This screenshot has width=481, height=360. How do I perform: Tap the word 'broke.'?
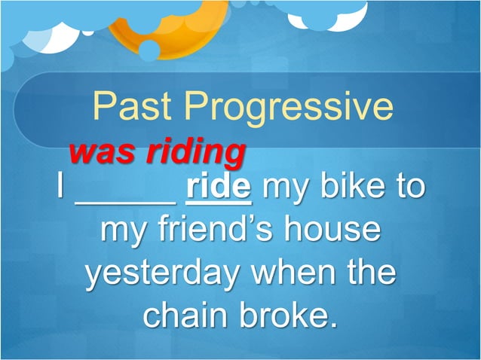290,316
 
